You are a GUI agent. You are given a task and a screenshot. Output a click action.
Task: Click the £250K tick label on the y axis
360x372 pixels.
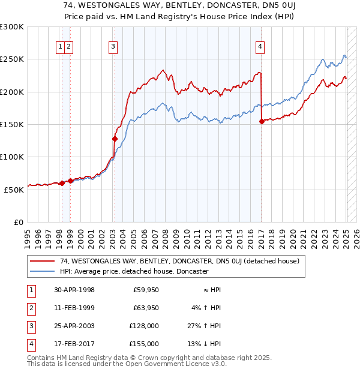12,59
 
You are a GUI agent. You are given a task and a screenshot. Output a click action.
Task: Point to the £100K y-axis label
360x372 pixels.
12,157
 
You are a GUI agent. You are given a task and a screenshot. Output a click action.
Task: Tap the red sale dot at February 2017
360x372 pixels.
262,121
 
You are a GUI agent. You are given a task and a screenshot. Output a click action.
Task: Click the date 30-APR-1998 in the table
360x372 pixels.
74,290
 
